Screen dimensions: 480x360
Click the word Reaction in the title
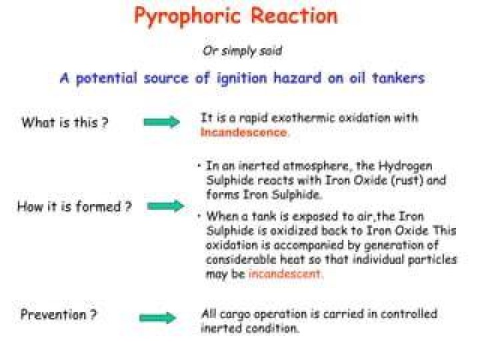(294, 15)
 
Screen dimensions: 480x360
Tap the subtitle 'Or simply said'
(242, 51)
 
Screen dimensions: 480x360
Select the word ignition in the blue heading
(242, 79)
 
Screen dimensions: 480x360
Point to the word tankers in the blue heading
(398, 78)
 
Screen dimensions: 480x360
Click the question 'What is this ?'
(65, 123)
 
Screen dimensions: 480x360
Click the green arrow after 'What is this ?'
(161, 122)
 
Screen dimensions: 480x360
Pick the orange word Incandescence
(244, 132)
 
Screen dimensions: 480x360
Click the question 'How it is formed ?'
(75, 206)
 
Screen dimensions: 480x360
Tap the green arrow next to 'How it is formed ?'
(165, 206)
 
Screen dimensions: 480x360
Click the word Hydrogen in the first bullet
(405, 167)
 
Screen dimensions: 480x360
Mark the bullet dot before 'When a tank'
(199, 216)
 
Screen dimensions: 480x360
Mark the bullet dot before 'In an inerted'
(199, 165)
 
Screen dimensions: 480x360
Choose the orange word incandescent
(285, 273)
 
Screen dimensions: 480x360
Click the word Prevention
(53, 315)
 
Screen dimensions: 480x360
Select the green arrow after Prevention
(157, 318)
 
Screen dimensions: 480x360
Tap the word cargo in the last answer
(235, 315)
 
